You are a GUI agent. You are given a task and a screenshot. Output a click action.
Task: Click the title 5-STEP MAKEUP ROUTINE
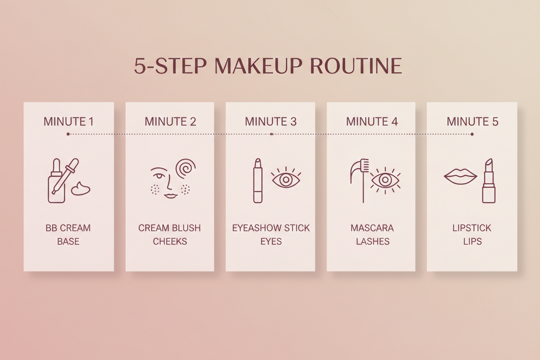(268, 66)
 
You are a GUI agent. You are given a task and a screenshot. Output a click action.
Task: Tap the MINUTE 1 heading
(68, 121)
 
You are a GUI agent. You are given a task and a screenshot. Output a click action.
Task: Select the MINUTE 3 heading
(270, 121)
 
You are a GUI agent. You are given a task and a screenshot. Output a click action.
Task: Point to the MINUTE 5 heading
(472, 121)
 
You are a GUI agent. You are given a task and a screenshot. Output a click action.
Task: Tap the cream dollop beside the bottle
(81, 189)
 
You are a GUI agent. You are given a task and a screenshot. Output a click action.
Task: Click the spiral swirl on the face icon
(185, 169)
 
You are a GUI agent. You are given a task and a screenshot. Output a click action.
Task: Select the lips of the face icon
(170, 195)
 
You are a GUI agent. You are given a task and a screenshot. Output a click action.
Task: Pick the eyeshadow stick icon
(258, 180)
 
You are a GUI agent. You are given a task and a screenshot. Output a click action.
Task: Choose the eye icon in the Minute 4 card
(386, 180)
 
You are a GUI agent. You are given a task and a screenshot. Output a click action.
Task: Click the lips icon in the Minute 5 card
(460, 177)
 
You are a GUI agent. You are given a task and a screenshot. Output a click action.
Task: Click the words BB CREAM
(68, 228)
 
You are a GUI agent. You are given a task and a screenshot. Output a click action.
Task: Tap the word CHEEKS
(170, 241)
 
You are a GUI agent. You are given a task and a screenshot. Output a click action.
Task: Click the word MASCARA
(372, 228)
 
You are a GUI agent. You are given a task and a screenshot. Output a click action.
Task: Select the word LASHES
(372, 241)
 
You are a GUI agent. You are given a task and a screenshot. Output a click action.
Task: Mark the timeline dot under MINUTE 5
(472, 134)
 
